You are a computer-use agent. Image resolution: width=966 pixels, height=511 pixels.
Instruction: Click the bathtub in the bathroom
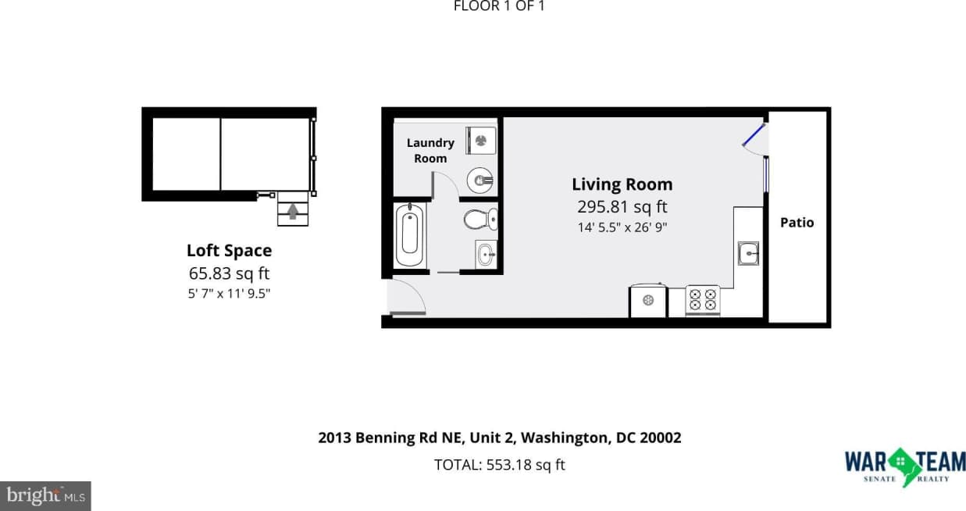[410, 235]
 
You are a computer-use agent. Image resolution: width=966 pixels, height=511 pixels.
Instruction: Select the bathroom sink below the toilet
[486, 254]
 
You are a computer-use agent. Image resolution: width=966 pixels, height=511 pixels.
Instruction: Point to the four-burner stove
[702, 300]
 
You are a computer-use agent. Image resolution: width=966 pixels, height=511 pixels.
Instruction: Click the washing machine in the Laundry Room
[480, 141]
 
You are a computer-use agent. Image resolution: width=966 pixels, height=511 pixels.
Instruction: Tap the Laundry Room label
[430, 150]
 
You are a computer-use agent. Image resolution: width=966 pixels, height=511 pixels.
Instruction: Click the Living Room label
[622, 184]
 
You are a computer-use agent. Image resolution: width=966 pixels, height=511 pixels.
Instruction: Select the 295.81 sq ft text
[622, 207]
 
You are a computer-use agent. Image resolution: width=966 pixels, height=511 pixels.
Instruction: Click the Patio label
[797, 223]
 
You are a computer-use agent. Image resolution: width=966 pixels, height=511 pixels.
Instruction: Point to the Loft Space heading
[229, 251]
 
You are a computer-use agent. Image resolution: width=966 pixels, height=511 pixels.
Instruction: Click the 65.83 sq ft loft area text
[229, 273]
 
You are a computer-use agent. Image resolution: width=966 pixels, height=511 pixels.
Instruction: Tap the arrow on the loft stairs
[293, 211]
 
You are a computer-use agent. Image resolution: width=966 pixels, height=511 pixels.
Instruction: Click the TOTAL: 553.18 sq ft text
[499, 465]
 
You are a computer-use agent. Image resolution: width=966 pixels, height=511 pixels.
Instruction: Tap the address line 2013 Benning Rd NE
[499, 438]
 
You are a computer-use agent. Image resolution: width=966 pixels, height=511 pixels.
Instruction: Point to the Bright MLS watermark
[45, 495]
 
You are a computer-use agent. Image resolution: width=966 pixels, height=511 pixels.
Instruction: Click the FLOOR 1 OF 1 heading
[499, 6]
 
